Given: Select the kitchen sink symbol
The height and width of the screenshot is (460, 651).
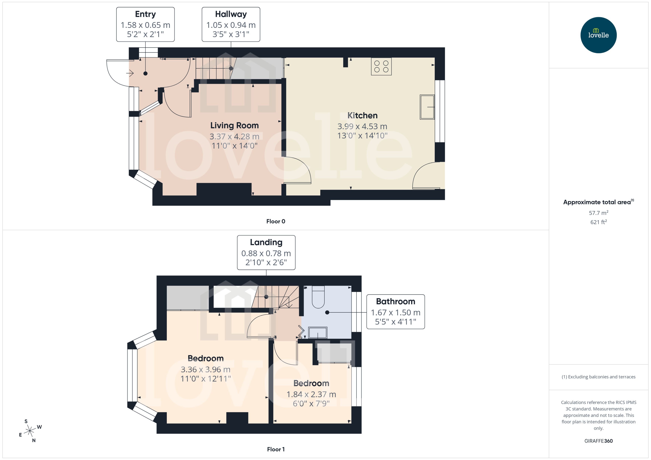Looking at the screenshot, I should tap(427, 107).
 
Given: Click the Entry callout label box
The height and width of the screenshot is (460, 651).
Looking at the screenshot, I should tap(145, 24).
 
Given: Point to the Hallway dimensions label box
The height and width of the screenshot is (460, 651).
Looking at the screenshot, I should tap(231, 24).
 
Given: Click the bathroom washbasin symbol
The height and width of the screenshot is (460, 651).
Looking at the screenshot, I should tap(318, 333).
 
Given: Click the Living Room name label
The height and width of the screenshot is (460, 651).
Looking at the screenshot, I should tap(234, 126).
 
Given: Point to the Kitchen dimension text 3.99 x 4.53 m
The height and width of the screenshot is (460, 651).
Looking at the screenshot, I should tap(362, 126).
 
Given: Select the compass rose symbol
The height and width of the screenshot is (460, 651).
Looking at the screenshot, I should tap(30, 431).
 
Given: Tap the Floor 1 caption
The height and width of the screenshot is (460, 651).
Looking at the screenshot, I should tap(275, 449).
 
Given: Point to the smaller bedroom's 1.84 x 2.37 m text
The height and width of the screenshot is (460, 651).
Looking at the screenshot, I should tap(311, 394).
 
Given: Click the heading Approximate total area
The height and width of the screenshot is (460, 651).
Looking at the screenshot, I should tap(597, 202).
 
